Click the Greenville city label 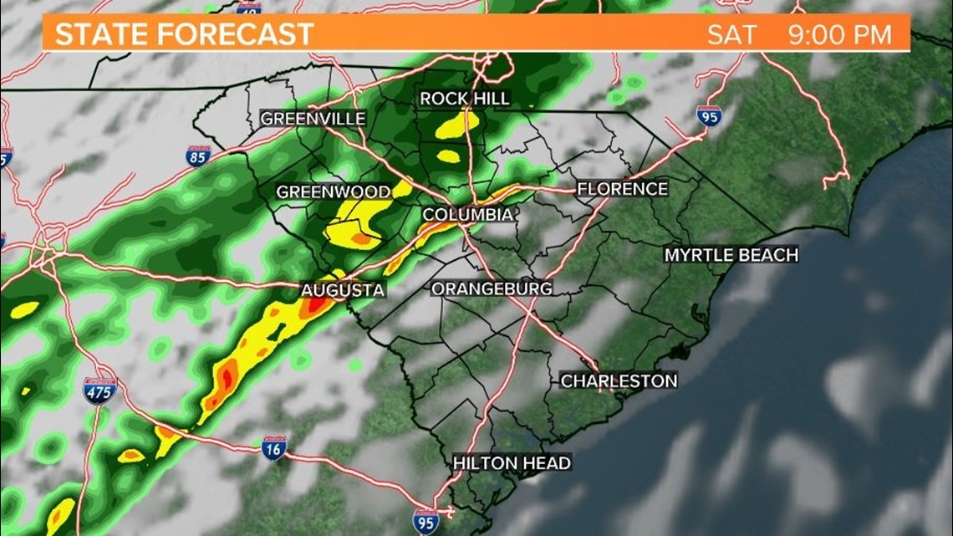click(313, 119)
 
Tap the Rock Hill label click(464, 99)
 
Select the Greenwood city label click(333, 192)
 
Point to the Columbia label click(467, 215)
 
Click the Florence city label click(622, 189)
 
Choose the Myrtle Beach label click(731, 254)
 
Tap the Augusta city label click(343, 290)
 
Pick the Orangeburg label click(492, 288)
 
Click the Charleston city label click(619, 380)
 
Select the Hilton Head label click(512, 462)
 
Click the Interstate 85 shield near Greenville click(198, 156)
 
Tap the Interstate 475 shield click(99, 391)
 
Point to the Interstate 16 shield click(273, 447)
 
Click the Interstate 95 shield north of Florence click(708, 116)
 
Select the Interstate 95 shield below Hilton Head click(426, 520)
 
